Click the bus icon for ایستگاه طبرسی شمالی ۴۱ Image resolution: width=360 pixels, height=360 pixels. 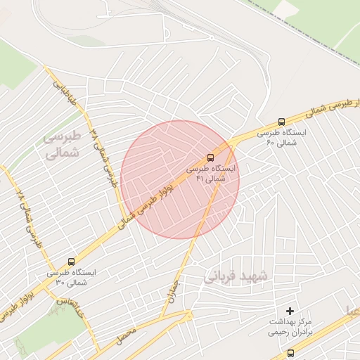(211, 157)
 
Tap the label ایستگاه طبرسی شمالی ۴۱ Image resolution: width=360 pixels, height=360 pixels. (212, 174)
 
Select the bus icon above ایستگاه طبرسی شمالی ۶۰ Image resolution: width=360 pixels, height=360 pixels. (282, 121)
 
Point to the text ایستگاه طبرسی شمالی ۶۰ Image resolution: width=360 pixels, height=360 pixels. (282, 137)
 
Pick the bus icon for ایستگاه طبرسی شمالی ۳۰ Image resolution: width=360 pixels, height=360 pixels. (70, 261)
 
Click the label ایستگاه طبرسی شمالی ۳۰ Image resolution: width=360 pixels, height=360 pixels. (71, 276)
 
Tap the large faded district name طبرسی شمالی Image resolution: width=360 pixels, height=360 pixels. (63, 143)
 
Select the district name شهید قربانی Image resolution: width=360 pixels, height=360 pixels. (237, 277)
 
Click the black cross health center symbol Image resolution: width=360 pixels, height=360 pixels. (290, 311)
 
